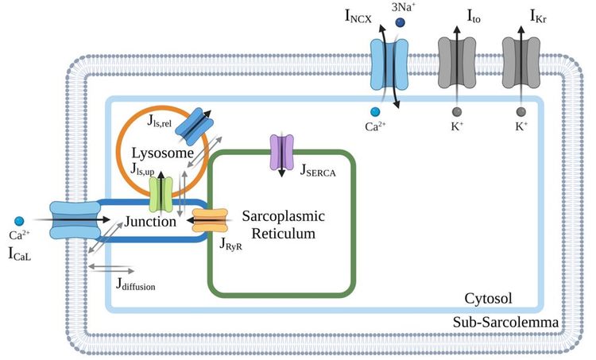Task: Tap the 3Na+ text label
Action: [x=405, y=7]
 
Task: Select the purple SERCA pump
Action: [x=282, y=150]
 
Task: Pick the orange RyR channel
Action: [x=211, y=222]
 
